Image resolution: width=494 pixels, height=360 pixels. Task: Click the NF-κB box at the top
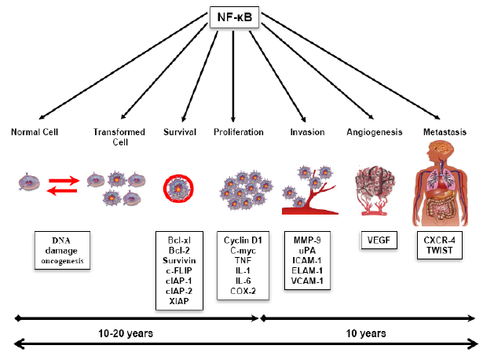tap(234, 17)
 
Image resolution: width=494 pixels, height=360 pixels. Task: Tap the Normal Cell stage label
tap(35, 132)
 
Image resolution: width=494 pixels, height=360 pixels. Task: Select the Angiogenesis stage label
tap(375, 132)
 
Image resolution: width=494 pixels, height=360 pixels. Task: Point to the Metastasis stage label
tap(445, 132)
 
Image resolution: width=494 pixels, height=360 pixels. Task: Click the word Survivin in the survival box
tap(179, 261)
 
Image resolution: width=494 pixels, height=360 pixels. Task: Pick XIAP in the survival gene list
tap(179, 301)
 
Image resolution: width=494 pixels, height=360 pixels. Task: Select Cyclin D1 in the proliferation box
tap(243, 241)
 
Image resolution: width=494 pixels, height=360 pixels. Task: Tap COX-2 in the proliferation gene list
tap(243, 291)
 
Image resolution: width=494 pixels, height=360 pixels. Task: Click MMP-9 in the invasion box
tap(307, 241)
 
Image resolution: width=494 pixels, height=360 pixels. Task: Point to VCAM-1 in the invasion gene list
tap(307, 281)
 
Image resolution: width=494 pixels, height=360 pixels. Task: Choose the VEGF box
tap(379, 241)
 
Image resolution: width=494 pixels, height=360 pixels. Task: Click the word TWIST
tap(440, 250)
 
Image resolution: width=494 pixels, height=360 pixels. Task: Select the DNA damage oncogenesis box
tap(62, 250)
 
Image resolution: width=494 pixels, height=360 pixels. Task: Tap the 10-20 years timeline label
tap(126, 333)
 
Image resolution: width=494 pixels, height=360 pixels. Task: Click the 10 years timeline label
tap(366, 333)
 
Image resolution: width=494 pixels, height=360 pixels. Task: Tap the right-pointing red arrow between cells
tap(64, 181)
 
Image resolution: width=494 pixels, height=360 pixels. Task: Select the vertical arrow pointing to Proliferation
tap(233, 76)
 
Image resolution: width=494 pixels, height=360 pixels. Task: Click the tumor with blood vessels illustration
tap(375, 190)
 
